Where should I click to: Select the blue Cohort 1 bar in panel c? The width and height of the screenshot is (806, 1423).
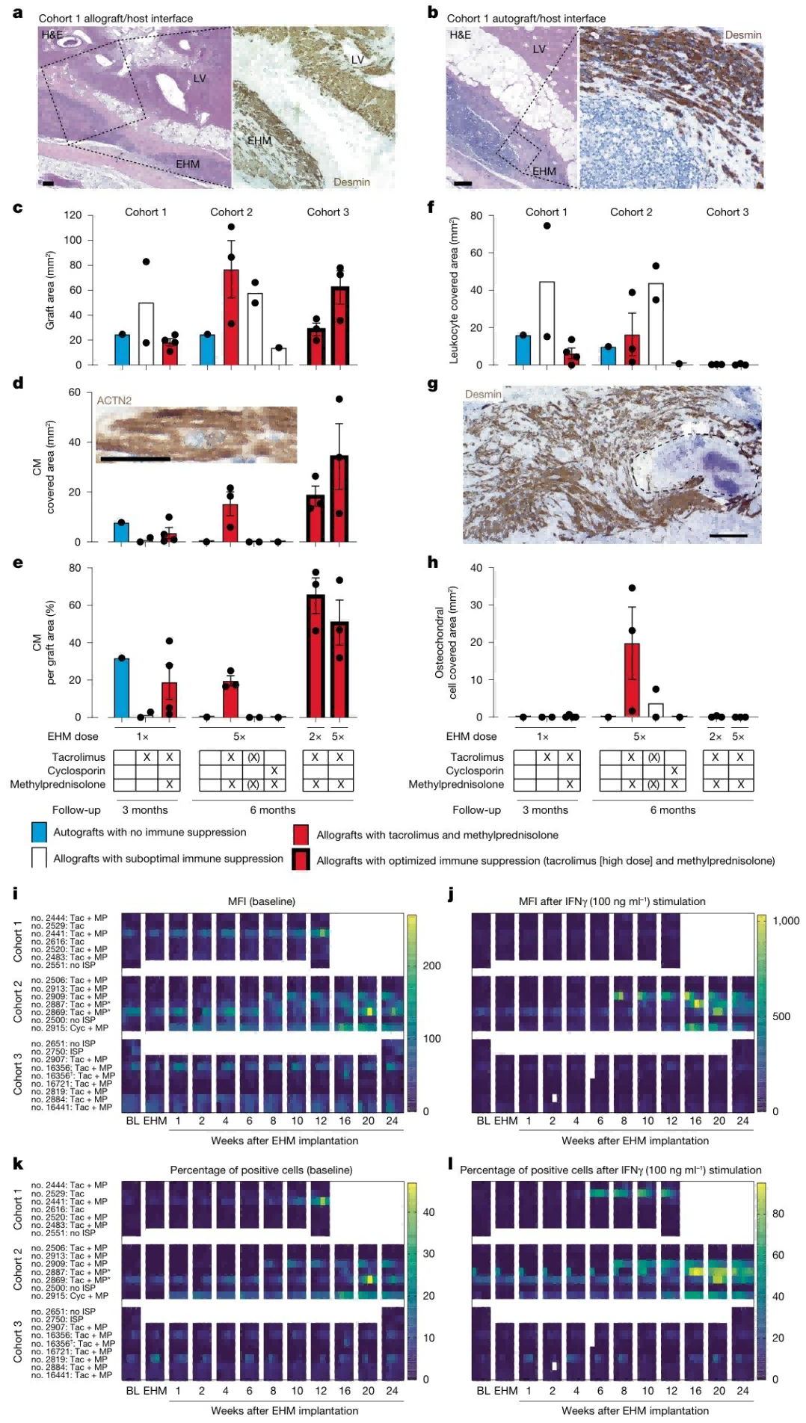122,350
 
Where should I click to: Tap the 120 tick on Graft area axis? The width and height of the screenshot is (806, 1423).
73,215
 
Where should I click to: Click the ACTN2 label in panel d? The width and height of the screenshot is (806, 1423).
114,401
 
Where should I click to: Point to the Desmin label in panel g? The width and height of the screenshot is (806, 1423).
483,394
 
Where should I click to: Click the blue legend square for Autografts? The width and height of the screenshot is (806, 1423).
39,833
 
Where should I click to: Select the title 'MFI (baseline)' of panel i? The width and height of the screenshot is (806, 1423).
261,901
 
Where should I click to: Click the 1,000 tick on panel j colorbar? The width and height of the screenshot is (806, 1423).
786,921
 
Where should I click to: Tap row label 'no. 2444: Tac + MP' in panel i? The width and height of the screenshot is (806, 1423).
69,918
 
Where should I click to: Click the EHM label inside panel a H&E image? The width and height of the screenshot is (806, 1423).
188,164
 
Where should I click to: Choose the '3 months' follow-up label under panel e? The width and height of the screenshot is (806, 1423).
145,810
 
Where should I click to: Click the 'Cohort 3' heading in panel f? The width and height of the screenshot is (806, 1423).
727,212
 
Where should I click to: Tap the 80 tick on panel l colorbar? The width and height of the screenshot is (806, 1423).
778,1214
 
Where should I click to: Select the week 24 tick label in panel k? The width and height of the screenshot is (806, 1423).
392,1391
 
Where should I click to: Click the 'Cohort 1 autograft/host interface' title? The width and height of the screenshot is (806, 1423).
526,18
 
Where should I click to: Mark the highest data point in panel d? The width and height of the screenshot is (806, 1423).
339,399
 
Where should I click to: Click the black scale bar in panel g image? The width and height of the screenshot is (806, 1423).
727,535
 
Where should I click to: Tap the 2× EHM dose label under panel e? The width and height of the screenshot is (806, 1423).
315,737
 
